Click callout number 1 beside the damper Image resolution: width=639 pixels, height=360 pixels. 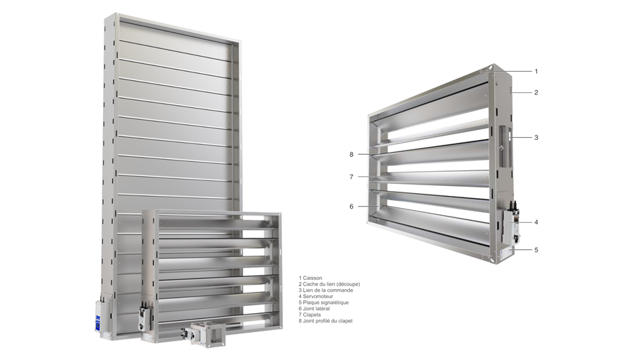point(536,71)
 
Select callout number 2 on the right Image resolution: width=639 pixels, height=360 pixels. point(536,92)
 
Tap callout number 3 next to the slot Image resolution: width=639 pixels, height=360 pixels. point(536,137)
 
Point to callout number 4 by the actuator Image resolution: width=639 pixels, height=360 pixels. point(536,222)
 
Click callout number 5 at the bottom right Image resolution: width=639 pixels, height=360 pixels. point(536,250)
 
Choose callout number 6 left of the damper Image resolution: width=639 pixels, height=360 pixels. point(351,207)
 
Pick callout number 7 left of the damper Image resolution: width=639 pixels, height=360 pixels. point(351,177)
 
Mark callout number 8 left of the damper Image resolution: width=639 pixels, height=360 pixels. point(351,155)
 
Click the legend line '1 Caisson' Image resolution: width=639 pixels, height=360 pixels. point(310,278)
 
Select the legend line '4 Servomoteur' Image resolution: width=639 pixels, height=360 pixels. point(316,296)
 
